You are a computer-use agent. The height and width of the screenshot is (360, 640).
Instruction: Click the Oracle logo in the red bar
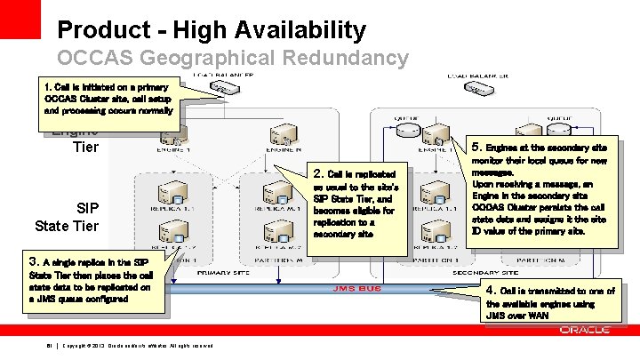click(x=585, y=330)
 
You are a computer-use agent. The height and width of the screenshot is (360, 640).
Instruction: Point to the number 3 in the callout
click(x=34, y=261)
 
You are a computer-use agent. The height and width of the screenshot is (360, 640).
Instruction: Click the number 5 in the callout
click(x=477, y=146)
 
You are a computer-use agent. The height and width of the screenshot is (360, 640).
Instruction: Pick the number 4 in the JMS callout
click(x=490, y=291)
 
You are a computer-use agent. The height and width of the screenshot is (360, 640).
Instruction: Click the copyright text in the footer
click(x=138, y=346)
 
